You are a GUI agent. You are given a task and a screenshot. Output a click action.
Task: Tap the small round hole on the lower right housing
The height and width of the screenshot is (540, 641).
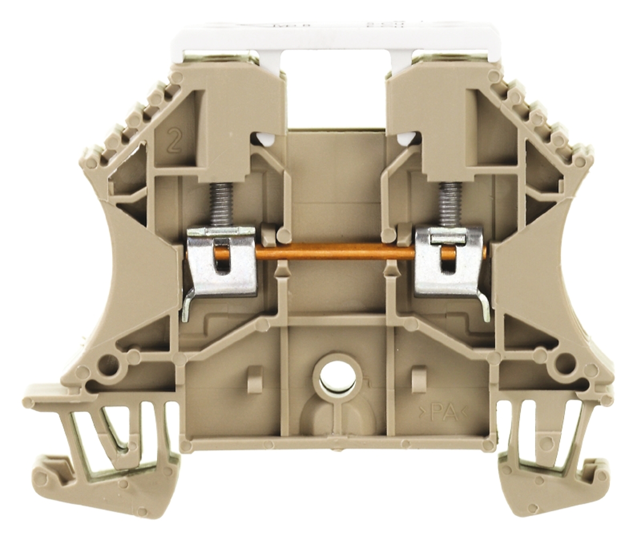pos(562,364)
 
